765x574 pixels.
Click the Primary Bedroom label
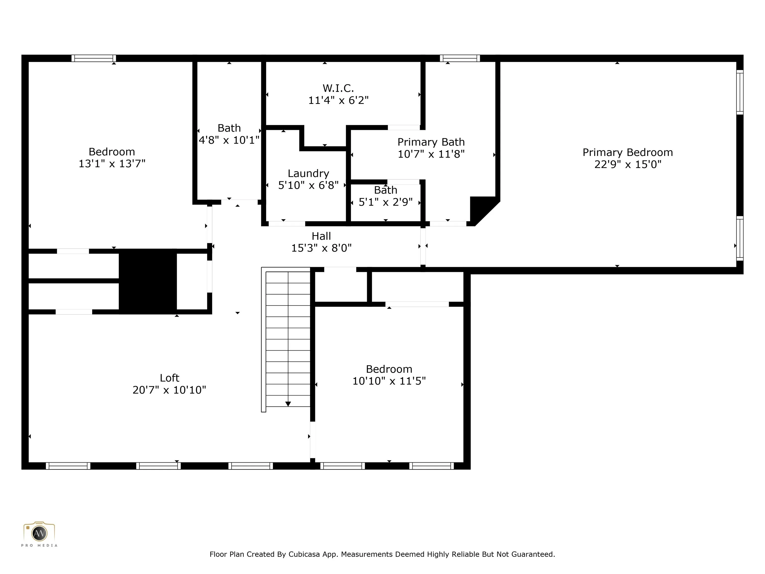point(628,152)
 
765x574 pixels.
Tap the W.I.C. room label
point(338,88)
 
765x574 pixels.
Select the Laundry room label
point(309,173)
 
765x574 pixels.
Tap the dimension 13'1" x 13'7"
point(112,163)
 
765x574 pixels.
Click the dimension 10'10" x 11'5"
point(389,381)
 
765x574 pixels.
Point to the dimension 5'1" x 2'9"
point(385,202)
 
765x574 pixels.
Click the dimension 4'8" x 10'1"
point(229,140)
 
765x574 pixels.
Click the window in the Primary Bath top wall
point(460,58)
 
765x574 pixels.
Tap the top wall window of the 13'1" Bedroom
point(94,58)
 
